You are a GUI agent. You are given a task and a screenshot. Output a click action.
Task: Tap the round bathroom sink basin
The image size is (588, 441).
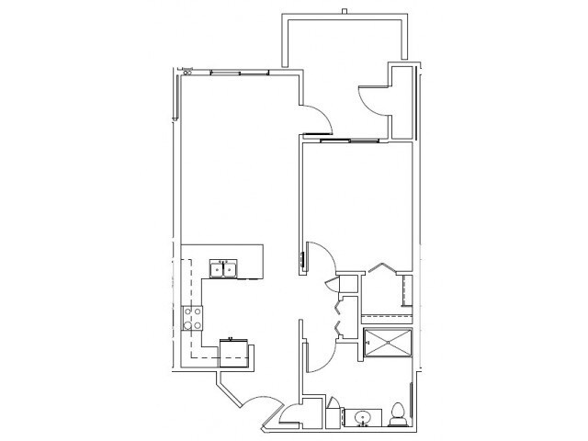363,418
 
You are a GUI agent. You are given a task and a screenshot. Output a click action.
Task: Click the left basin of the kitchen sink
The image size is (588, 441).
217,268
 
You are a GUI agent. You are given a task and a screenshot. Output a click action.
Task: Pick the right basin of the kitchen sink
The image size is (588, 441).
230,268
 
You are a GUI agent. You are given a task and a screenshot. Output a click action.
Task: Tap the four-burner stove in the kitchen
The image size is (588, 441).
195,318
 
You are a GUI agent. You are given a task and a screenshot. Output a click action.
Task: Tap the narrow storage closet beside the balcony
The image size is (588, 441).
401,101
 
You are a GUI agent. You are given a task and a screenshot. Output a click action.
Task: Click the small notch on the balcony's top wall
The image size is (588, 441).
344,12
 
